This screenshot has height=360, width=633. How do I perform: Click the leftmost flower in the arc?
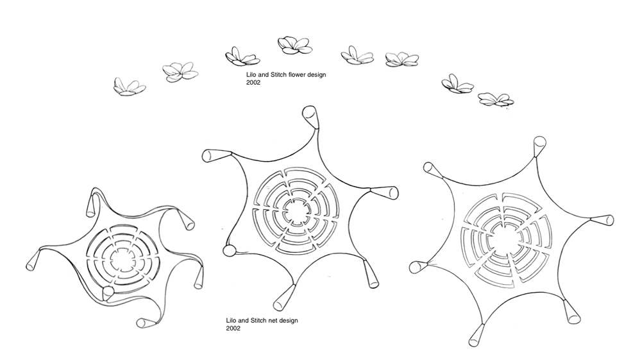tap(129, 87)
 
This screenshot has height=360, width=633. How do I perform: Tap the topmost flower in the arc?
tap(295, 46)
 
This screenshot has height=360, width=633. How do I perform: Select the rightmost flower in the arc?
tap(496, 100)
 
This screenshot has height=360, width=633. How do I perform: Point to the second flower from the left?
tap(180, 72)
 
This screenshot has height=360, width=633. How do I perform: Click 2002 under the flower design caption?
tap(253, 83)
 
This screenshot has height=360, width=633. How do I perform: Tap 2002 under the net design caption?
tap(233, 329)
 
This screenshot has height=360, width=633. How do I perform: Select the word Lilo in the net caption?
tap(232, 321)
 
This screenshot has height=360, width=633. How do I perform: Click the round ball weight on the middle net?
tap(229, 250)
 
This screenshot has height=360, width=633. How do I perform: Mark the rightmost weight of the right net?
tap(602, 220)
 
